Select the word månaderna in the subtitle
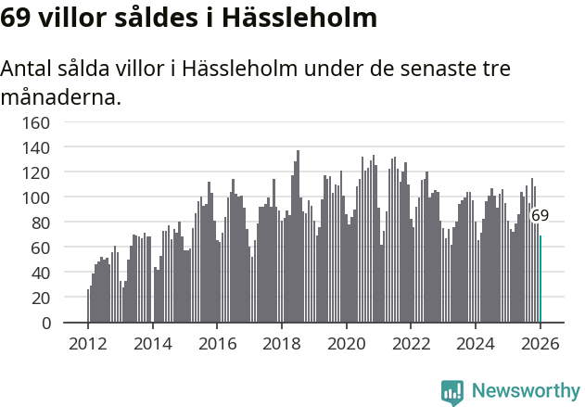(x=60, y=96)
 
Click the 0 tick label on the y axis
(x=45, y=324)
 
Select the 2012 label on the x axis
(x=88, y=344)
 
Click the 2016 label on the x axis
(x=217, y=344)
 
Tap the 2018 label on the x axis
(x=282, y=344)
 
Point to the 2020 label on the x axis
(x=347, y=344)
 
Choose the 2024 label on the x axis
(x=476, y=344)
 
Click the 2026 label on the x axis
(x=540, y=344)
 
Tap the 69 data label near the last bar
(x=540, y=215)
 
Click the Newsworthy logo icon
(x=452, y=391)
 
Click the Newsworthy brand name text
(x=525, y=391)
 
